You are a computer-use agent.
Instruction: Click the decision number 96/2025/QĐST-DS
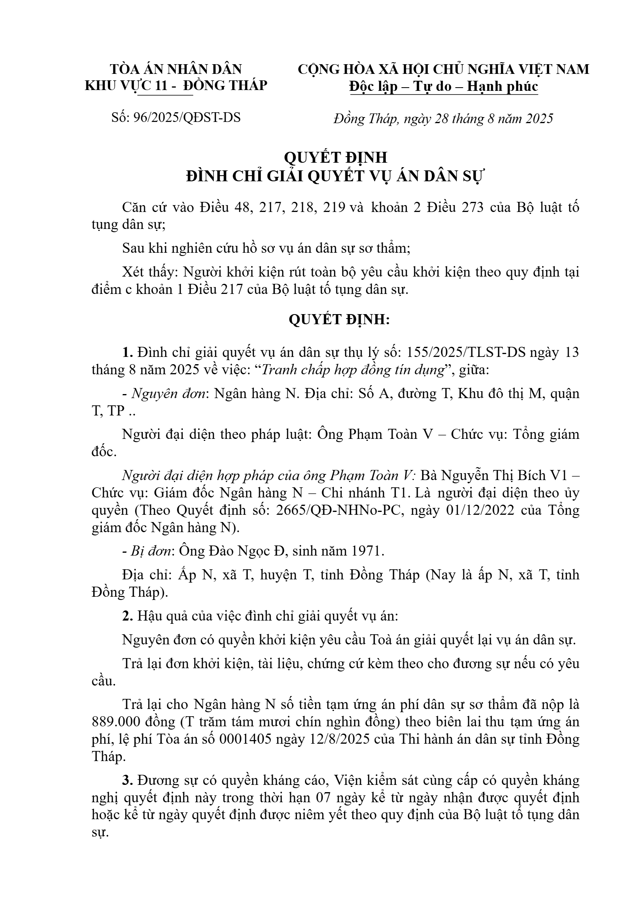point(186,117)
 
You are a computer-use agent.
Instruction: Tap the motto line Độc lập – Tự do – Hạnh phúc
point(443,86)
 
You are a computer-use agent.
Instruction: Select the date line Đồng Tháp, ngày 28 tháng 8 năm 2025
point(443,119)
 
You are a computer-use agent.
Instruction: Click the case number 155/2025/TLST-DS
point(466,352)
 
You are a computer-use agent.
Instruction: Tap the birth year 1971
point(365,551)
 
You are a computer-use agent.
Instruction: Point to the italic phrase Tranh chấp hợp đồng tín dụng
point(353,370)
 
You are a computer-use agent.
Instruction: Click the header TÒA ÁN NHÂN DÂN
point(176,69)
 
